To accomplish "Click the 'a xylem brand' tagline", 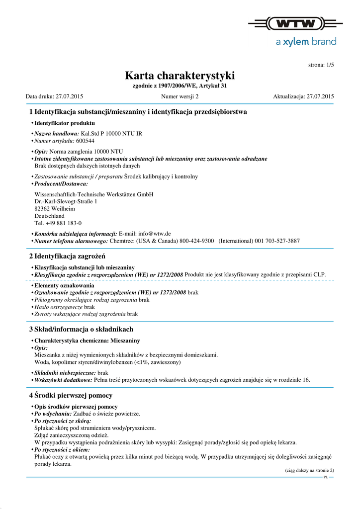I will [306, 42].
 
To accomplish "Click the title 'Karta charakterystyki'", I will [180, 76].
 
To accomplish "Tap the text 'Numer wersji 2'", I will [180, 96].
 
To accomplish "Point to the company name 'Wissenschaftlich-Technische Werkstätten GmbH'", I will [93, 194].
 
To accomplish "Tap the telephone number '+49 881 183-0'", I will [63, 223].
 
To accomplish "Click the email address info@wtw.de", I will [155, 234].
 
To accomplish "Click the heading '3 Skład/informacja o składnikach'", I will [81, 329].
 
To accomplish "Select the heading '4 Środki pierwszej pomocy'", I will [71, 395].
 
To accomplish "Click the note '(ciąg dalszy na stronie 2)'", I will [309, 470].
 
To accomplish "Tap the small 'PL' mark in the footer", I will [325, 477].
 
